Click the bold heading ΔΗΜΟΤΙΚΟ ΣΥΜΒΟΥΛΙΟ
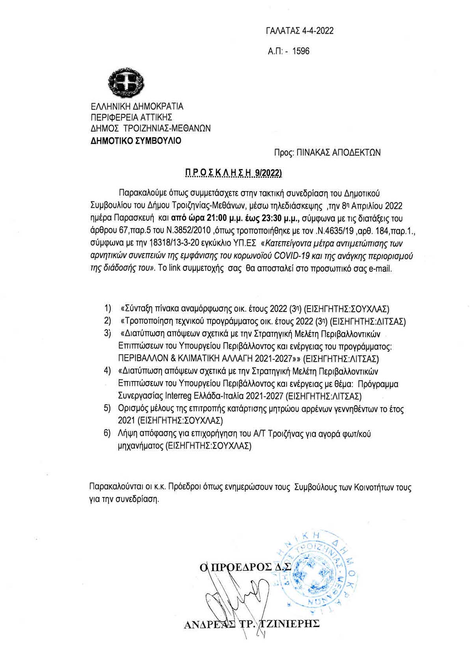coord(136,141)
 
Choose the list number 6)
coord(108,434)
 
